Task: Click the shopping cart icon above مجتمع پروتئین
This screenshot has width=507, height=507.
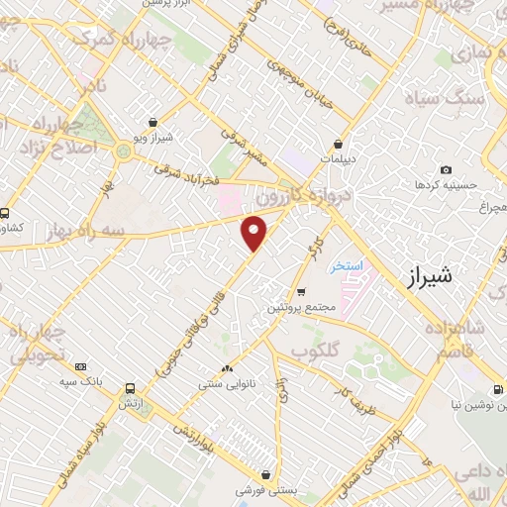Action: (301, 292)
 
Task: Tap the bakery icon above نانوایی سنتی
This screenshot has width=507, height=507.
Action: (228, 367)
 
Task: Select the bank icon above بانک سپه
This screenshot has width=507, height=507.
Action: (80, 365)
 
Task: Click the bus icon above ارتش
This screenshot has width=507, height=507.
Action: (130, 389)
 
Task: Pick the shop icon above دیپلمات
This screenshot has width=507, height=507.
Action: (339, 143)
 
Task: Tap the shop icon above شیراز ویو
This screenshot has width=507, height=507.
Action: (152, 123)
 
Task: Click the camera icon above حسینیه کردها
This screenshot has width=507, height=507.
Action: (446, 170)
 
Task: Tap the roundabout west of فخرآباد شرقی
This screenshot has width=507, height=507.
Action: (123, 151)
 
